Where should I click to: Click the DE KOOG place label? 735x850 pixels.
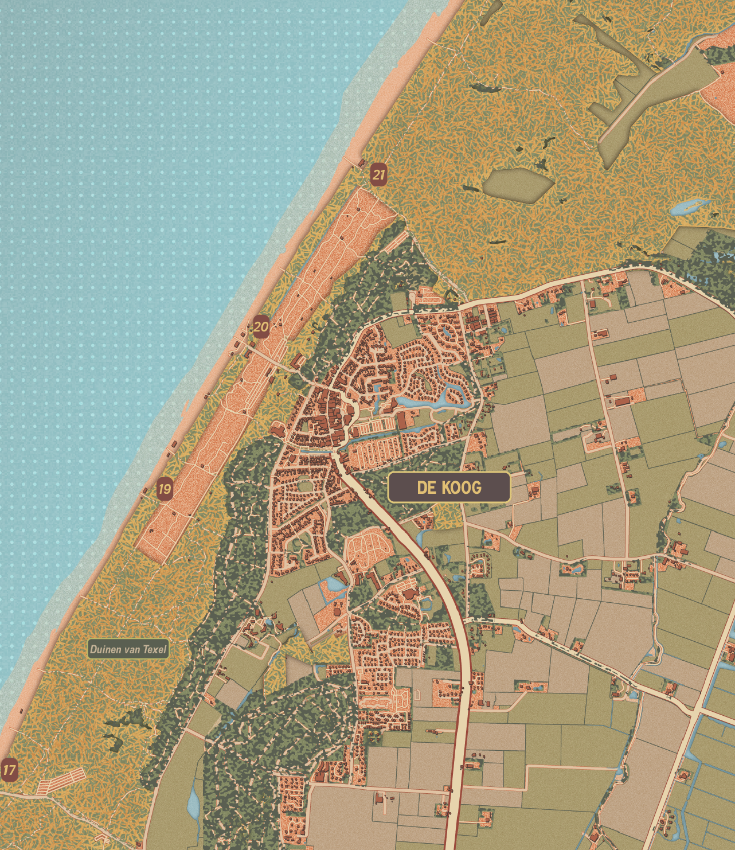[x=449, y=488]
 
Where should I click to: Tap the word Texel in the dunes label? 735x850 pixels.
[x=154, y=650]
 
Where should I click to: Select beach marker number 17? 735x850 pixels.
[x=9, y=770]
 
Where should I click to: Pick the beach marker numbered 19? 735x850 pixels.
[x=165, y=489]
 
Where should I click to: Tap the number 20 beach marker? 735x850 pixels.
[x=261, y=327]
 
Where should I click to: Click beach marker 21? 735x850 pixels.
[x=378, y=174]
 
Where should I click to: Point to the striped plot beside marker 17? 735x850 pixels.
[x=60, y=781]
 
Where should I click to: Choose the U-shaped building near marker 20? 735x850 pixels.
[x=297, y=362]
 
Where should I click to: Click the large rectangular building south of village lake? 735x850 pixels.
[x=402, y=422]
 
